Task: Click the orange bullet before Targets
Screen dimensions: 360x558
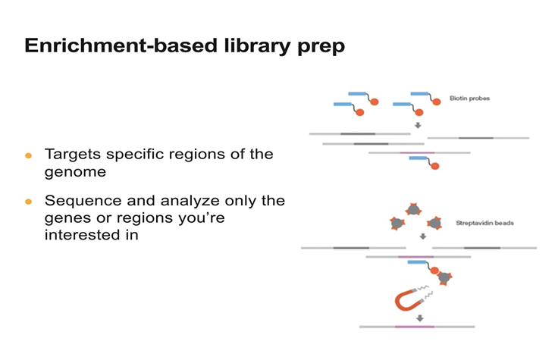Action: (x=29, y=155)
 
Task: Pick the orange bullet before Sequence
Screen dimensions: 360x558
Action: (x=29, y=202)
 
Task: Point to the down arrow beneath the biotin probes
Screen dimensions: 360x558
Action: (x=417, y=125)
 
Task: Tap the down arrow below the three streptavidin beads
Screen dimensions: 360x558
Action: (x=422, y=236)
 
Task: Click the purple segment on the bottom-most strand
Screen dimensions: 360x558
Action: (x=415, y=327)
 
